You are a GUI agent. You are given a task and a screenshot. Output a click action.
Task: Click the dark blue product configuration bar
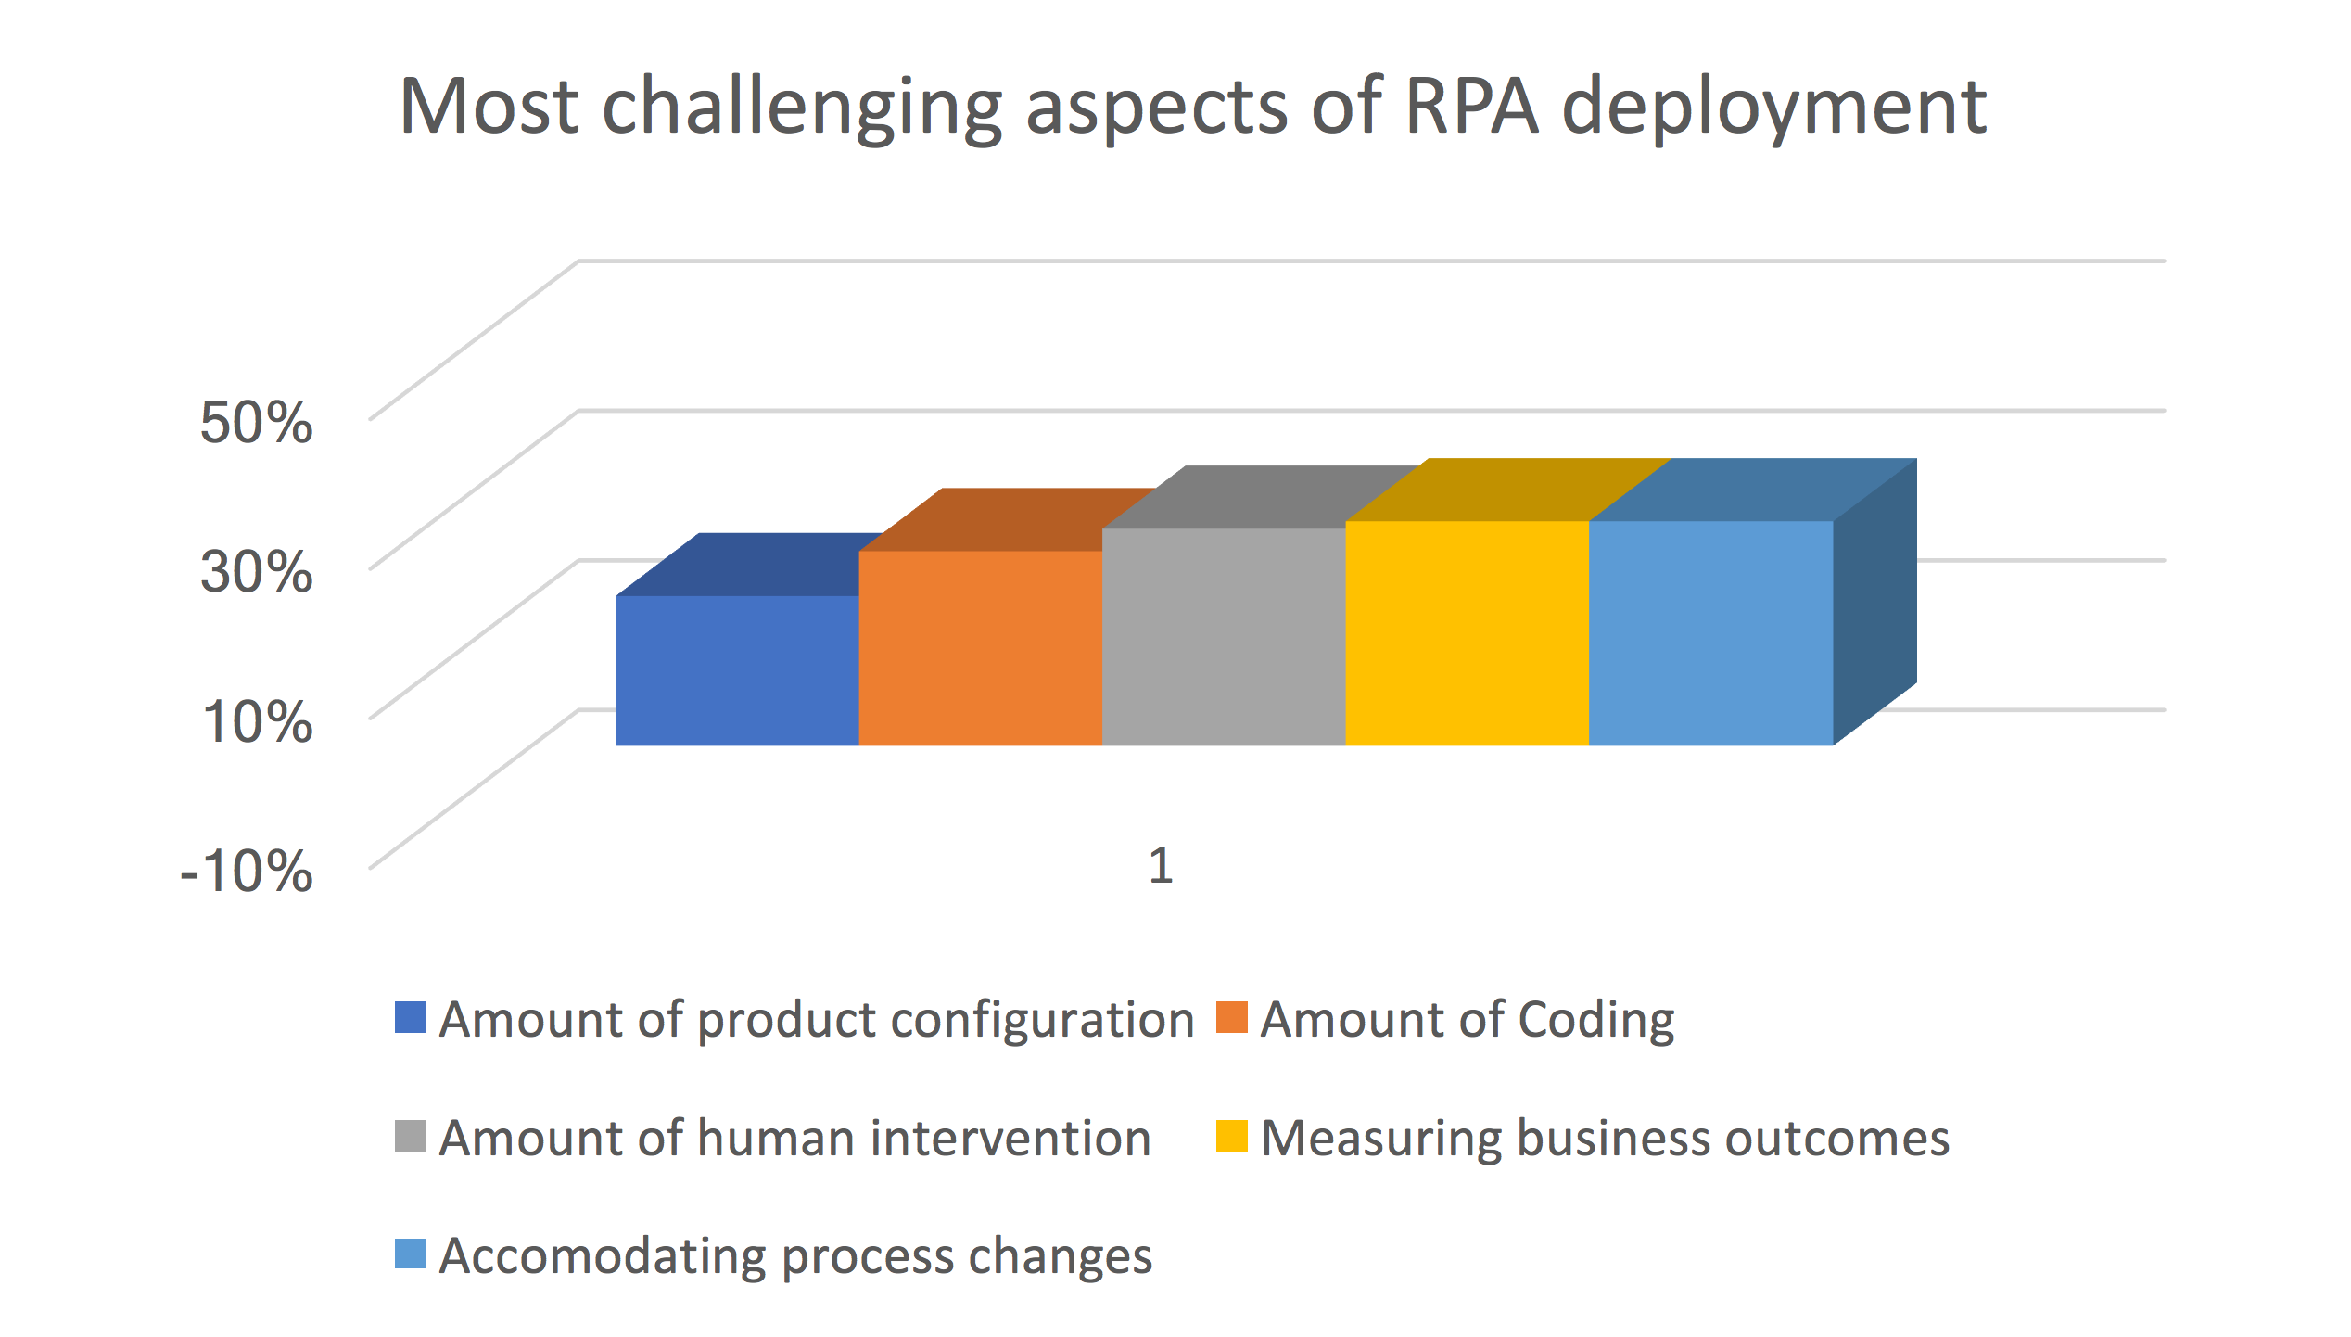coord(737,669)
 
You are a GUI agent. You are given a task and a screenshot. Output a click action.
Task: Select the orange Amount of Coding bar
coord(981,647)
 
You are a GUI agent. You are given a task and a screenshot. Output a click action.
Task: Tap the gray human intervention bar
coord(1224,636)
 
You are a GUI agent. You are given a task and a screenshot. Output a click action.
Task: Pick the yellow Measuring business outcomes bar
coord(1467,632)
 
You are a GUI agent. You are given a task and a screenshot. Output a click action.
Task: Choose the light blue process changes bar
coord(1711,632)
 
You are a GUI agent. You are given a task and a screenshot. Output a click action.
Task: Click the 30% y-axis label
coord(256,571)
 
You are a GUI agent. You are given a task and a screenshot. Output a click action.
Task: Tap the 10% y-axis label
coord(258,721)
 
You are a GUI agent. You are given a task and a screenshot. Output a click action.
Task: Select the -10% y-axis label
coord(247,872)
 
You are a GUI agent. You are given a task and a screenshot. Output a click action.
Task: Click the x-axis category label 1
coord(1161,866)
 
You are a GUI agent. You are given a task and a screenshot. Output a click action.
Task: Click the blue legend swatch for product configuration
coord(411,1017)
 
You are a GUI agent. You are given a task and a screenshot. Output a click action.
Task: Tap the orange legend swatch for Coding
coord(1232,1017)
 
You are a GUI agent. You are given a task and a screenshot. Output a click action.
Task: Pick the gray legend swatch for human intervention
coord(411,1136)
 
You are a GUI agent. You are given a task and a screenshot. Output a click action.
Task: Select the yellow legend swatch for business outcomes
coord(1232,1136)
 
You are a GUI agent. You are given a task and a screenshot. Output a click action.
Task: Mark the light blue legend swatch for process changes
coord(411,1254)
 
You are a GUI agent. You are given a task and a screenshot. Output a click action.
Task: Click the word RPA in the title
coord(1471,106)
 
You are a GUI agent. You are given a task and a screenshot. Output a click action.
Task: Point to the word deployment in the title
coord(1774,109)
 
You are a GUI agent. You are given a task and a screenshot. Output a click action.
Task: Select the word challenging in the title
coord(802,109)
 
